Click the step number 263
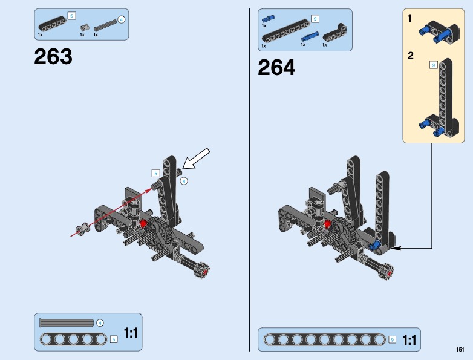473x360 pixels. pyautogui.click(x=53, y=56)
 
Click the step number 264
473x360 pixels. pyautogui.click(x=276, y=67)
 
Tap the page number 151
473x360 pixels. pyautogui.click(x=460, y=350)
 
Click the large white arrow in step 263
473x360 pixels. pyautogui.click(x=196, y=159)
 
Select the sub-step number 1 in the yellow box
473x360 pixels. pyautogui.click(x=409, y=18)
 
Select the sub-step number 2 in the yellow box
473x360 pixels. pyautogui.click(x=410, y=56)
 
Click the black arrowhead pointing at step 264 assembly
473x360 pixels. pyautogui.click(x=396, y=248)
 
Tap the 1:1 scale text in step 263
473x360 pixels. pyautogui.click(x=131, y=333)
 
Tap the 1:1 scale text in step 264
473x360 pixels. pyautogui.click(x=409, y=340)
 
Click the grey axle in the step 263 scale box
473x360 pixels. pyautogui.click(x=67, y=323)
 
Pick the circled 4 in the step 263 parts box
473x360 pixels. pyautogui.click(x=121, y=20)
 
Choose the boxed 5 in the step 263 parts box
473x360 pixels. pyautogui.click(x=71, y=16)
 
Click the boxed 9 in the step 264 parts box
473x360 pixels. pyautogui.click(x=315, y=19)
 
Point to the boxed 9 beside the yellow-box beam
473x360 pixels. pyautogui.click(x=434, y=65)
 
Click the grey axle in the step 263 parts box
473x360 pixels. pyautogui.click(x=105, y=25)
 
